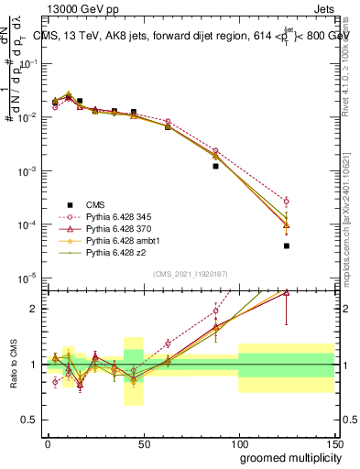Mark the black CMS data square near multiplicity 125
coord(286,245)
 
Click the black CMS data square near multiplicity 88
coord(215,166)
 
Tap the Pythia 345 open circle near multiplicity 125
coord(286,201)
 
